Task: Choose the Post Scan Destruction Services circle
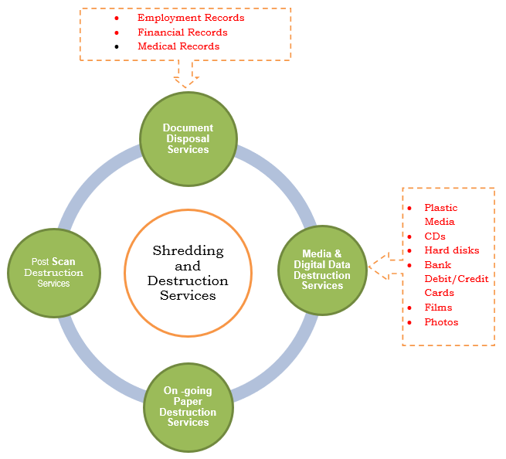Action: (x=53, y=272)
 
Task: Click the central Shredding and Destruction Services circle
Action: (x=188, y=273)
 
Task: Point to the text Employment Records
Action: (x=191, y=18)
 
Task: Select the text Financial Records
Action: (x=182, y=32)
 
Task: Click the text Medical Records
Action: (x=178, y=46)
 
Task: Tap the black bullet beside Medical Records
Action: (x=117, y=46)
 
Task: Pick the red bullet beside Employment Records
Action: (x=117, y=18)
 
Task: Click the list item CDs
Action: (x=435, y=236)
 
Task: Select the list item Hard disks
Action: (x=452, y=250)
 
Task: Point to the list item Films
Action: (x=438, y=308)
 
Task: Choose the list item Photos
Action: (x=441, y=322)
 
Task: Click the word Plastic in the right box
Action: (x=441, y=208)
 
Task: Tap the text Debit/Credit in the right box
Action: (x=457, y=279)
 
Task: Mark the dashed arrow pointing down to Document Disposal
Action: (x=186, y=74)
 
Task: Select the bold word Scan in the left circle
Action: (x=63, y=262)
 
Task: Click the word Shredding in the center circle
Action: (x=188, y=251)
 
